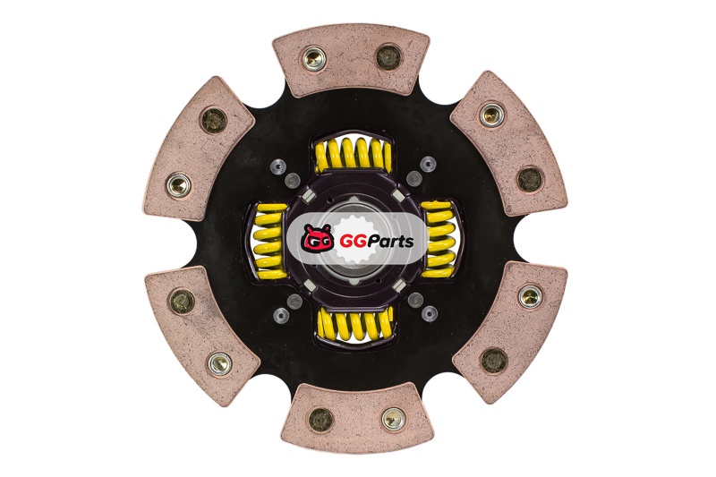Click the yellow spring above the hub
point(353,154)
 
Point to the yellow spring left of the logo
point(269,242)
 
